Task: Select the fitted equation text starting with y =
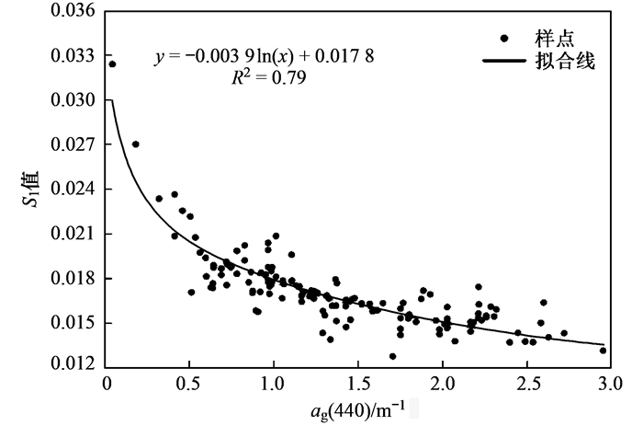pyautogui.click(x=265, y=58)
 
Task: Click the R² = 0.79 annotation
pyautogui.click(x=270, y=78)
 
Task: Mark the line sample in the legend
pyautogui.click(x=504, y=63)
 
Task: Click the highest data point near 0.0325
pyautogui.click(x=112, y=64)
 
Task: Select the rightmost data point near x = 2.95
pyautogui.click(x=604, y=350)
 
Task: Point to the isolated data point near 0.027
pyautogui.click(x=136, y=144)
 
